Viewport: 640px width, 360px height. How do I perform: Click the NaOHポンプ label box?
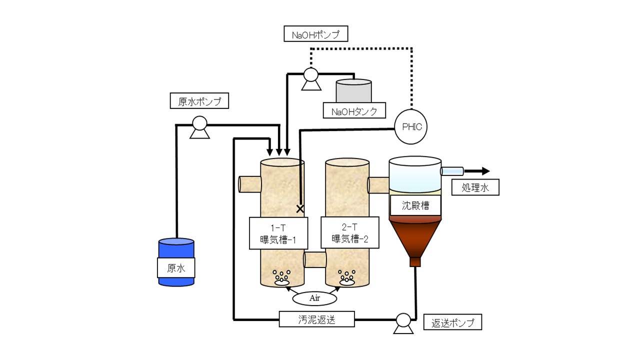coord(315,33)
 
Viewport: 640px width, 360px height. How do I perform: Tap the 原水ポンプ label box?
coord(199,100)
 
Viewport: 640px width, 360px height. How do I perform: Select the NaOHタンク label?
coord(354,110)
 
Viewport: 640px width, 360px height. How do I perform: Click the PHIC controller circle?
coord(411,126)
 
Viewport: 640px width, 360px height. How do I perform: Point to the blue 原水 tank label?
coord(176,267)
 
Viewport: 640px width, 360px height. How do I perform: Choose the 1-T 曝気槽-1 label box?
coord(278,233)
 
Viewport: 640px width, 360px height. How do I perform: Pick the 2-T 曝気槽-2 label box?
coord(350,232)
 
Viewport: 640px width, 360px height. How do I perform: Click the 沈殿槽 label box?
coord(415,205)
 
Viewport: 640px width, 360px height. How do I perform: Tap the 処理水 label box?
coord(475,187)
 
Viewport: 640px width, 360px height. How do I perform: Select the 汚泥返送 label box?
coord(317,319)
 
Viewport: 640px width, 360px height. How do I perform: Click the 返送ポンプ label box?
coord(452,322)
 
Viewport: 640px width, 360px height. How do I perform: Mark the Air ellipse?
coord(314,298)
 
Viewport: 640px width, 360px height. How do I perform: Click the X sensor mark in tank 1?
coord(300,209)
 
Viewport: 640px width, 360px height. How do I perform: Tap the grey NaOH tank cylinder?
coord(354,90)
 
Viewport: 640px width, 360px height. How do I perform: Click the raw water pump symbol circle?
coord(199,123)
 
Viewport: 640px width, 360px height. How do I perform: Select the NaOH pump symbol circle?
coord(311,74)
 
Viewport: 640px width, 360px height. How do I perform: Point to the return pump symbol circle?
coord(403,320)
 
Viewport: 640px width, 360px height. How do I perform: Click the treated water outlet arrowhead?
coord(486,171)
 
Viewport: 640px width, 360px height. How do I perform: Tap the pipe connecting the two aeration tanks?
coord(315,259)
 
